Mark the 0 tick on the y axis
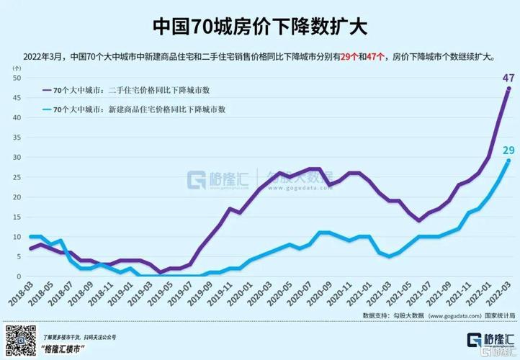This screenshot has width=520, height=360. tap(19, 276)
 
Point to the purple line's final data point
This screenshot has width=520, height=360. tap(508, 89)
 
